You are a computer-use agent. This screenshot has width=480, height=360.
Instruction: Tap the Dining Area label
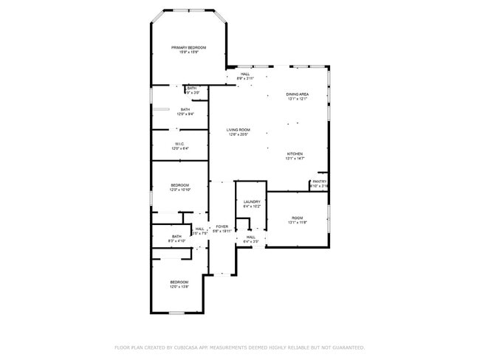point(297,94)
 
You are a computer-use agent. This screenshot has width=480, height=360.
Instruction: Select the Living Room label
point(238,130)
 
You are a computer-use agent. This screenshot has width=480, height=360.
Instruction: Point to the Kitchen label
point(295,153)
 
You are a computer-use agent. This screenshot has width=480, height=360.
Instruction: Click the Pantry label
point(319,181)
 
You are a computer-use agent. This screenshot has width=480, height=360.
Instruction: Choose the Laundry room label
point(252,201)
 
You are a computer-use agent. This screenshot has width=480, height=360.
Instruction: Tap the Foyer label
point(222,226)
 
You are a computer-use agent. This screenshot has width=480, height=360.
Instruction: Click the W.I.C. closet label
point(179,144)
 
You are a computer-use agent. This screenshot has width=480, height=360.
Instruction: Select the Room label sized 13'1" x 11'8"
point(297,218)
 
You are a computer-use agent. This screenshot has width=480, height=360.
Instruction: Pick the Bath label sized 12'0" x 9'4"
point(185,109)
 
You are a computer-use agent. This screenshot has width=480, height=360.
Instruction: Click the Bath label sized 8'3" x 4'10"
point(176,236)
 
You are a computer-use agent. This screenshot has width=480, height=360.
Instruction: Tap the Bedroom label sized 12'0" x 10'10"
point(180,185)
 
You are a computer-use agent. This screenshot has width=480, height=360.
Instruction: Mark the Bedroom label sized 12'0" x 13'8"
point(179,282)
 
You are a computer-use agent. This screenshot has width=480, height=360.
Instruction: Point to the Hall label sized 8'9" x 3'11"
point(244,74)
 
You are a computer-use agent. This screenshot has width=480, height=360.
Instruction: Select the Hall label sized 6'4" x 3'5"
point(250,237)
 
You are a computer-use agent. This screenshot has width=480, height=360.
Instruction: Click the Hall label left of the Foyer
point(199,229)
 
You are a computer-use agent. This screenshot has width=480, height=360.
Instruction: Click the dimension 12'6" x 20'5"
point(238,135)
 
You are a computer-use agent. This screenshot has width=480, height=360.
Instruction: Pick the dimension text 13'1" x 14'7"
point(295,159)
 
